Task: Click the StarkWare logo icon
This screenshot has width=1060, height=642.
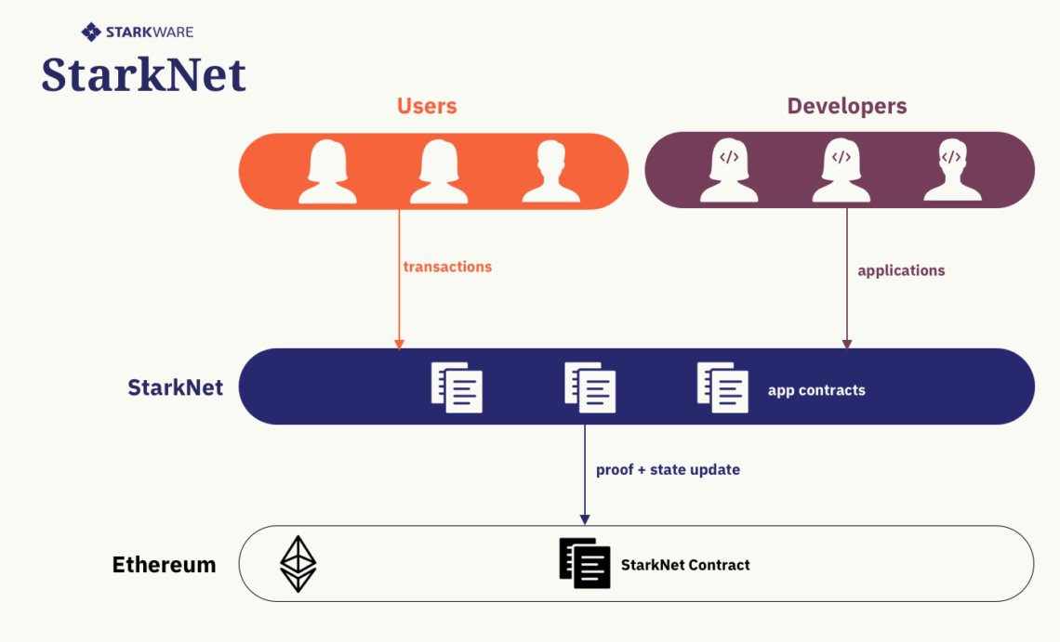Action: click(91, 33)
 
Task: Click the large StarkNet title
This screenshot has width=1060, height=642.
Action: click(144, 74)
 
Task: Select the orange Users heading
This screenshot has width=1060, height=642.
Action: click(427, 106)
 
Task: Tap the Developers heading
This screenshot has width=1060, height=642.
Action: click(847, 106)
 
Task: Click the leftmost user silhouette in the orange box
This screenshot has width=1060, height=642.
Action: click(326, 172)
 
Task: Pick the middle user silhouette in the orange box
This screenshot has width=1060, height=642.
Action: click(439, 172)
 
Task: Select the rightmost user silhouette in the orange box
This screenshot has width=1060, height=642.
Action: click(550, 172)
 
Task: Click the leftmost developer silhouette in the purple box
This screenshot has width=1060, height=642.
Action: click(728, 172)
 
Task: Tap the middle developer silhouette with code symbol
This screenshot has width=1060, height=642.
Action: click(841, 172)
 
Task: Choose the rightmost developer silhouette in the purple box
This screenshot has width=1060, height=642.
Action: click(951, 172)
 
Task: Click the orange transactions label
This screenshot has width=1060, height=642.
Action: click(447, 267)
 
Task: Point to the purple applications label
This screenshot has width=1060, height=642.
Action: click(901, 271)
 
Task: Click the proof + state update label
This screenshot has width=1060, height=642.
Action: click(668, 470)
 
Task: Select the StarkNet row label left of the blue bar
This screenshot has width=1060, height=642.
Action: click(175, 387)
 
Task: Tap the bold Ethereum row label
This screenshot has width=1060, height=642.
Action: click(164, 565)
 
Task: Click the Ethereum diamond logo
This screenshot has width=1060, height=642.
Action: click(298, 564)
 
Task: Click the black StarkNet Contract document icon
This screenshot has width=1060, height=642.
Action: click(585, 563)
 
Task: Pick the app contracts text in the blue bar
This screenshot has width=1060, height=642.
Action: click(816, 390)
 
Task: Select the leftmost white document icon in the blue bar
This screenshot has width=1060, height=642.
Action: click(457, 387)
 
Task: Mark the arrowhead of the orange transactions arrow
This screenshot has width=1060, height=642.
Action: click(400, 344)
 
